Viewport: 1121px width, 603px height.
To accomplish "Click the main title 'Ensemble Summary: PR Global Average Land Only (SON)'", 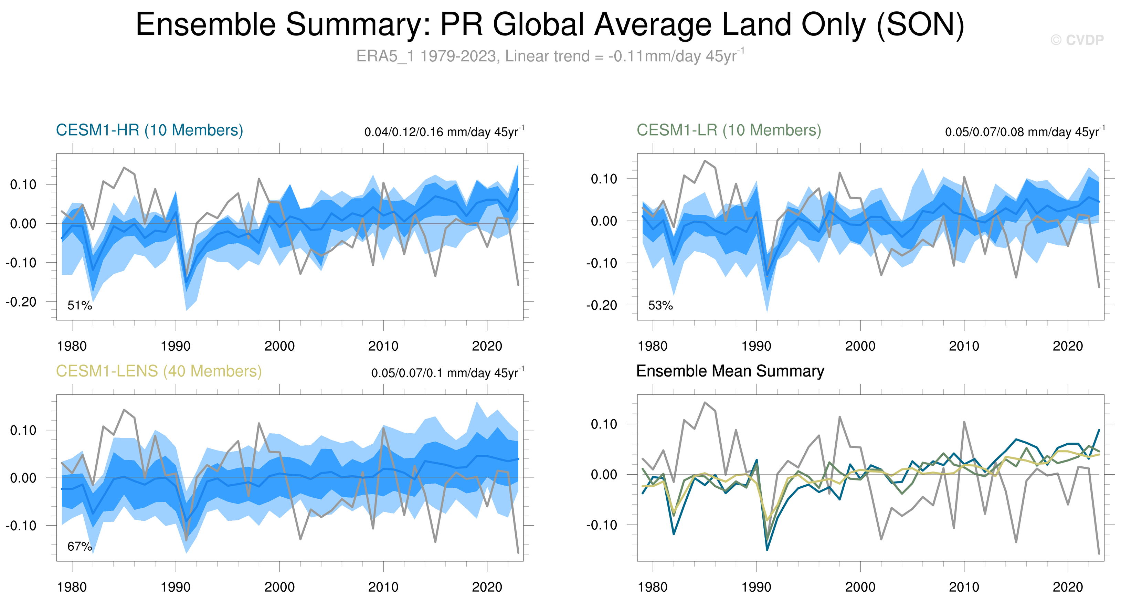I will pos(550,24).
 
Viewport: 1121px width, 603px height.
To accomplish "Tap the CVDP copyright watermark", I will pos(1077,40).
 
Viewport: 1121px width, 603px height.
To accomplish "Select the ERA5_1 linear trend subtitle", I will pos(550,56).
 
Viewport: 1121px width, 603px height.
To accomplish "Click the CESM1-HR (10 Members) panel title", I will pos(149,130).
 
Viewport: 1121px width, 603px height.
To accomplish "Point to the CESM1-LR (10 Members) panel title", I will pos(729,130).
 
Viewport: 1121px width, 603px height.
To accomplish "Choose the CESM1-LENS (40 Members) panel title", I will pos(159,371).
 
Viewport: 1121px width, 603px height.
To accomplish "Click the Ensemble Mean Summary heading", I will pos(730,371).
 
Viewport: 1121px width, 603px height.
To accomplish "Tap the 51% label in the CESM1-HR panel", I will pos(80,305).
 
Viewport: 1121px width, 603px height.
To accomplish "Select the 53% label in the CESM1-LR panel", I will pos(660,305).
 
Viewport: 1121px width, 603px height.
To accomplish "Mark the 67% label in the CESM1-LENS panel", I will pos(80,547).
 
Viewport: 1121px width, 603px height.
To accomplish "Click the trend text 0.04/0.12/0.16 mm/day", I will pos(444,131).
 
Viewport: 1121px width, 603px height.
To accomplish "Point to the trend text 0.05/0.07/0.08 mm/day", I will pos(1024,131).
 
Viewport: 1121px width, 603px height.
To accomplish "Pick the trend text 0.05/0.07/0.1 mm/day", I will pos(447,373).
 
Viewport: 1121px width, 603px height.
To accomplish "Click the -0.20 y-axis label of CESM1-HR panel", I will pos(21,301).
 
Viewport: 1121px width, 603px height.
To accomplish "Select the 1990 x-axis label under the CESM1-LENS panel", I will pos(176,587).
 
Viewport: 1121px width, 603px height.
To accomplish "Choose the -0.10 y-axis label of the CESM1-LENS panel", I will pos(21,526).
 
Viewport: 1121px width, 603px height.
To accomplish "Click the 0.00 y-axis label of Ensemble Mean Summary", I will pos(604,474).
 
